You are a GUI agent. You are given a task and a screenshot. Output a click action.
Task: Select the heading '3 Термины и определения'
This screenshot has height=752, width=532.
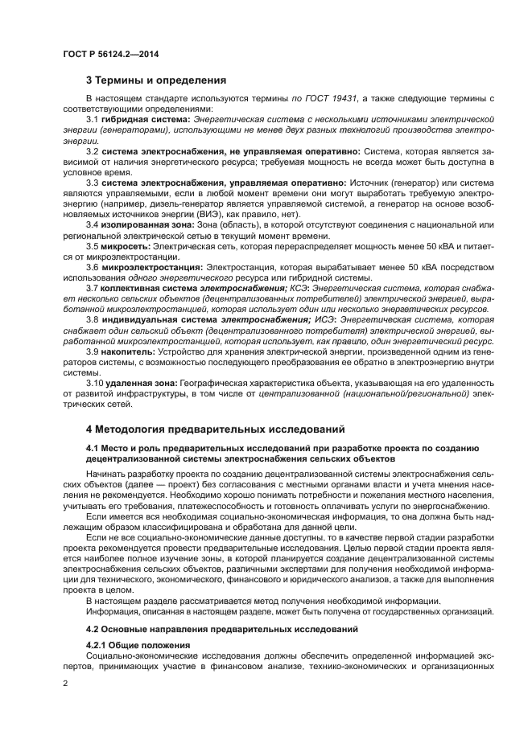[156, 80]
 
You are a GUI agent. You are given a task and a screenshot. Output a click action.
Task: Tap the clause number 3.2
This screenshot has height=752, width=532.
[92, 151]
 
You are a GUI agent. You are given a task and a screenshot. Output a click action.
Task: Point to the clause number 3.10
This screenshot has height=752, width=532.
[94, 382]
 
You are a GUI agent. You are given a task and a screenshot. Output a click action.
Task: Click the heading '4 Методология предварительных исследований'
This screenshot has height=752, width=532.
[215, 429]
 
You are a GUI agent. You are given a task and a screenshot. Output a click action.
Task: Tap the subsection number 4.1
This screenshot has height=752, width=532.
[93, 447]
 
